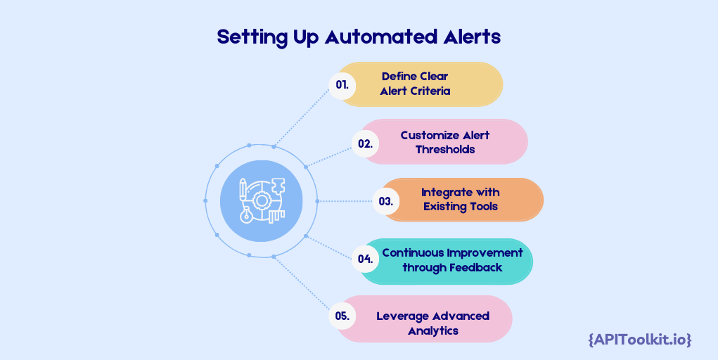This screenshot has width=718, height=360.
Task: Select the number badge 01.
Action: click(x=342, y=84)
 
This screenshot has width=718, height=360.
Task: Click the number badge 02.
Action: click(x=365, y=143)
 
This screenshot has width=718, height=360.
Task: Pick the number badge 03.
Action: click(x=385, y=201)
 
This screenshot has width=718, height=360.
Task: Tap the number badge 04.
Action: click(x=365, y=259)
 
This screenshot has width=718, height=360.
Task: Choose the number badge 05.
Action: click(x=342, y=316)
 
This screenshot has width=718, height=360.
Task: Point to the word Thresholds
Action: click(x=445, y=149)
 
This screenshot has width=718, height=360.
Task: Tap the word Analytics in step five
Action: click(x=433, y=330)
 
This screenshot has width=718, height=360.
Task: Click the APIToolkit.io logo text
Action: click(x=639, y=340)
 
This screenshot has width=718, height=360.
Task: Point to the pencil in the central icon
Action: click(x=243, y=190)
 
